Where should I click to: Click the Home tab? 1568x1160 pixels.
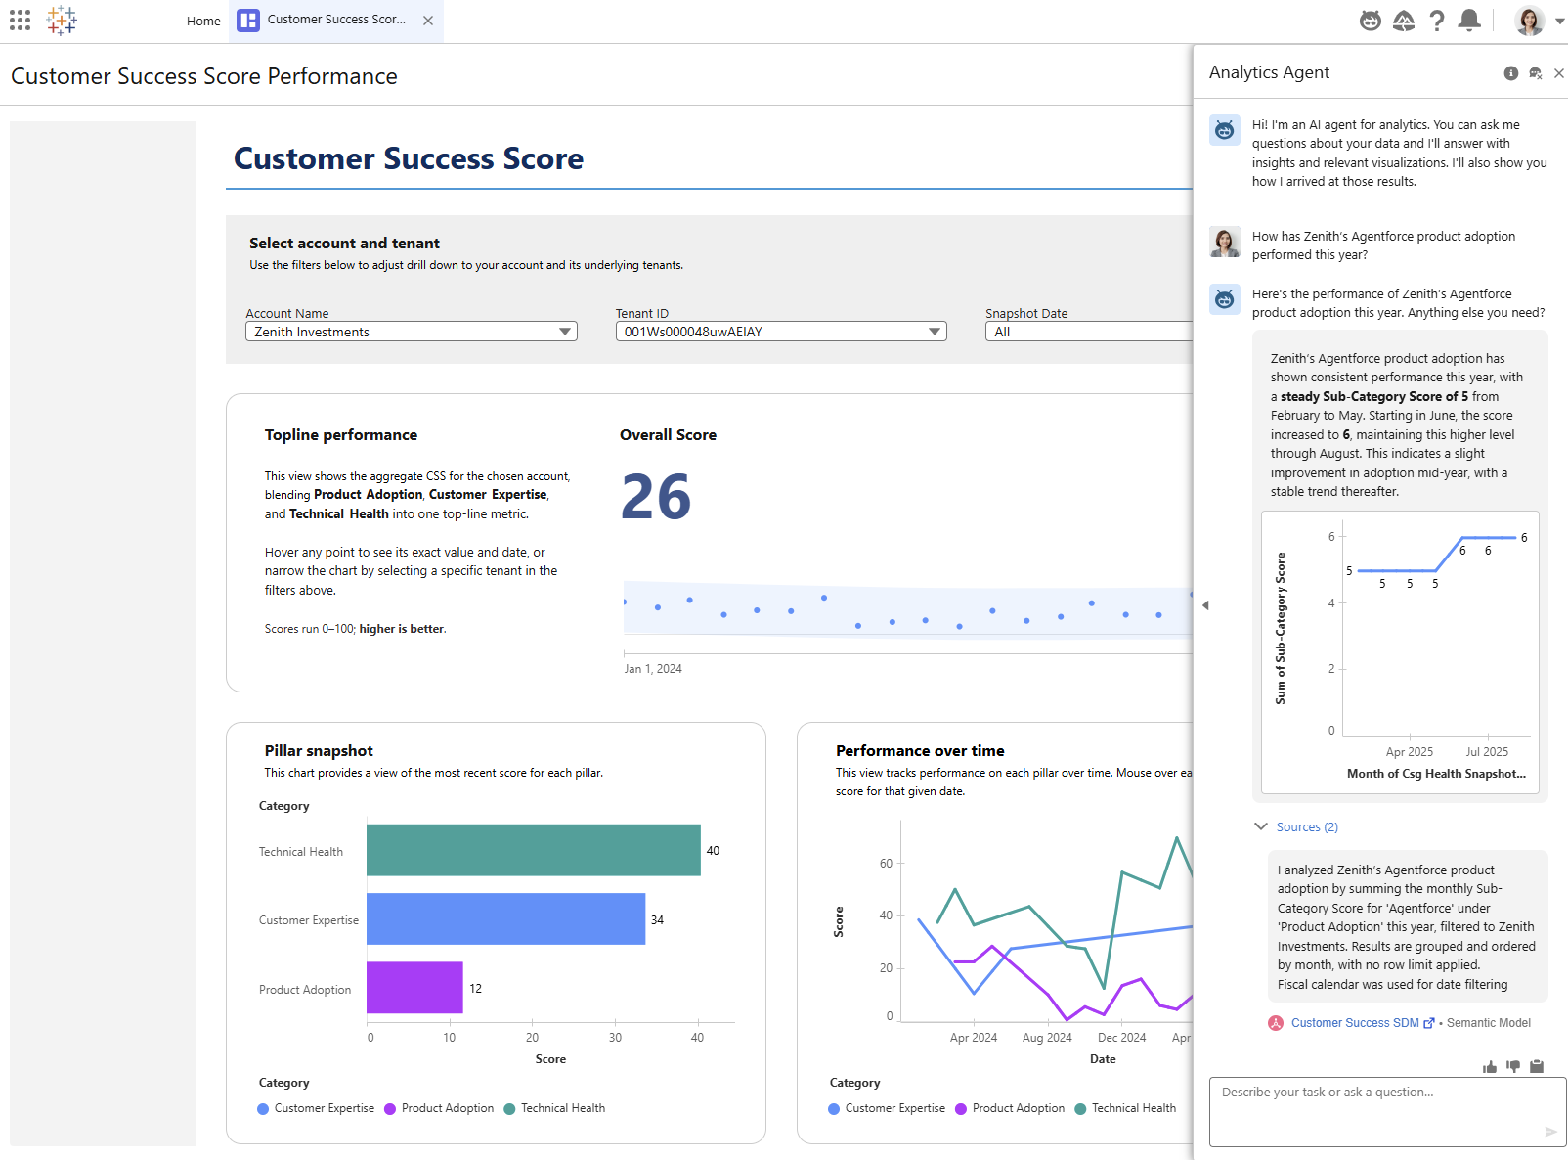[x=203, y=21]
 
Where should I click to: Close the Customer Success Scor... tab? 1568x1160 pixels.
[x=428, y=21]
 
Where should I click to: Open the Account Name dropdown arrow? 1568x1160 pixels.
[x=564, y=332]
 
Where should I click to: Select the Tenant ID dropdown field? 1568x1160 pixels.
[x=780, y=332]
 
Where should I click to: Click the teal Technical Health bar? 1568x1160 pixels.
[x=533, y=850]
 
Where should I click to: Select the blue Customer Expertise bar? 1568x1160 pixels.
[x=505, y=918]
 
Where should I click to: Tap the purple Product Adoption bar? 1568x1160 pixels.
[x=414, y=988]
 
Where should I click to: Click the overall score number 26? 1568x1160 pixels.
[x=656, y=497]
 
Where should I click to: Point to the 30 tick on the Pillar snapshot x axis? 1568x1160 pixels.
[x=615, y=1038]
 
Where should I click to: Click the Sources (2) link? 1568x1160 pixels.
[x=1306, y=827]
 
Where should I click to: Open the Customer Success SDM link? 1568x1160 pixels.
[x=1355, y=1023]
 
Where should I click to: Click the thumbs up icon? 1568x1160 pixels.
[x=1490, y=1067]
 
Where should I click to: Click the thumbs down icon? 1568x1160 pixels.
[x=1513, y=1067]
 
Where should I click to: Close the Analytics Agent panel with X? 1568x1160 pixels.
[x=1559, y=73]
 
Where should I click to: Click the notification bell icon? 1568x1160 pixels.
[x=1468, y=21]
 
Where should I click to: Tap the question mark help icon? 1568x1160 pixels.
[x=1436, y=21]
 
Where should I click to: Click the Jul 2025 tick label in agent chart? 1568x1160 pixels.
[x=1487, y=752]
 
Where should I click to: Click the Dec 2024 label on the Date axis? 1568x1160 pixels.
[x=1121, y=1038]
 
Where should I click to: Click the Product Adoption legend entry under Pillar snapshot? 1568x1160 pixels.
[x=447, y=1108]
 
